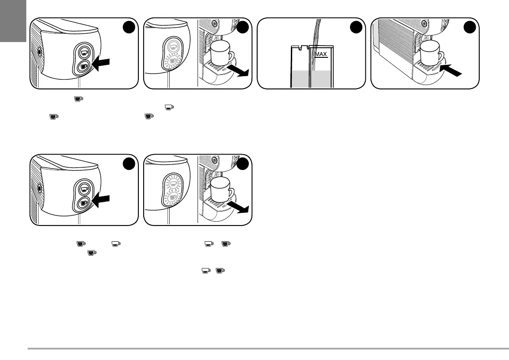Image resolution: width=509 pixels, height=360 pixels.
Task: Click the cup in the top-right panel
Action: coord(431,53)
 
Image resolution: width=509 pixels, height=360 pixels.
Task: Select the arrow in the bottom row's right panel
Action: coord(240,207)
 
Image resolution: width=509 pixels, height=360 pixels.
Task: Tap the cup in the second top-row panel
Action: coord(221,53)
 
